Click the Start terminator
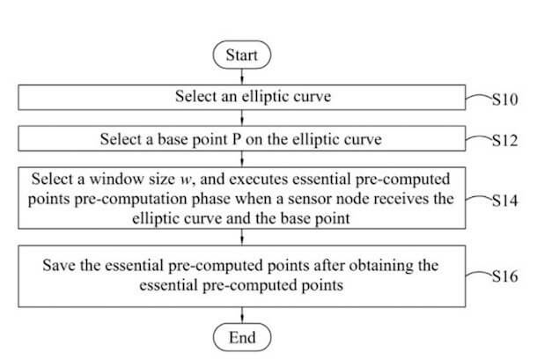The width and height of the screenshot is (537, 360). tap(242, 55)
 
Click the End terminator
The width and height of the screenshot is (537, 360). tap(242, 337)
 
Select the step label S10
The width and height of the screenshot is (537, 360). tap(504, 99)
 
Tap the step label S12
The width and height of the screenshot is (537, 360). tap(504, 141)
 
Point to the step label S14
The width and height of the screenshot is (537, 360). tap(504, 201)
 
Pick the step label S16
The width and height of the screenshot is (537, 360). tap(504, 276)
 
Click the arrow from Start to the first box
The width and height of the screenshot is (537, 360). tap(242, 77)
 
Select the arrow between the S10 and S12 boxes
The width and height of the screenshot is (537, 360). tap(242, 118)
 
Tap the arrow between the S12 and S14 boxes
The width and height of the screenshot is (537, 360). tap(242, 159)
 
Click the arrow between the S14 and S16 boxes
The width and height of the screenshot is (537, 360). tap(242, 237)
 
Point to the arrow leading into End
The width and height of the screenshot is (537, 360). tap(242, 315)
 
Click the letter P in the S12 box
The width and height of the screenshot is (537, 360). tap(237, 139)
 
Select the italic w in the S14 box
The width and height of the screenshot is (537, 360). tap(185, 180)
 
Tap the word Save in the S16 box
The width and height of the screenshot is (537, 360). tap(59, 266)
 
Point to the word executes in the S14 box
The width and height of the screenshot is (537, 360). tap(258, 180)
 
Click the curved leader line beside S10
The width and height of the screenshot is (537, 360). tap(479, 97)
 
